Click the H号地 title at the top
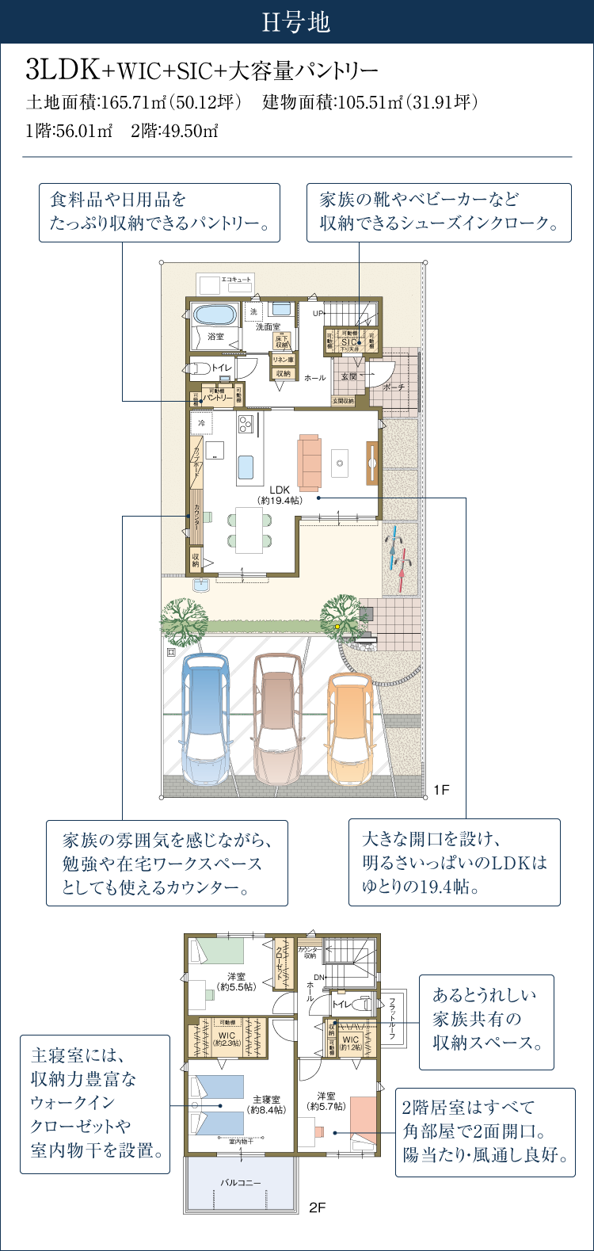(x=296, y=22)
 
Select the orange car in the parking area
(x=350, y=726)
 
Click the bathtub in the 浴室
(x=215, y=315)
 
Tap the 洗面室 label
(x=268, y=326)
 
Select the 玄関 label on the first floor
(x=348, y=376)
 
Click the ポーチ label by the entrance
(x=394, y=387)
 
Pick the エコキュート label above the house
(x=236, y=280)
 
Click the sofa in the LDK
(x=310, y=463)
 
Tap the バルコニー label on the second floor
(x=240, y=1183)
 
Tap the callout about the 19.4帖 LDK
(x=454, y=862)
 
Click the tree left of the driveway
(x=184, y=620)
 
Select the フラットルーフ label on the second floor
(x=391, y=1019)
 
